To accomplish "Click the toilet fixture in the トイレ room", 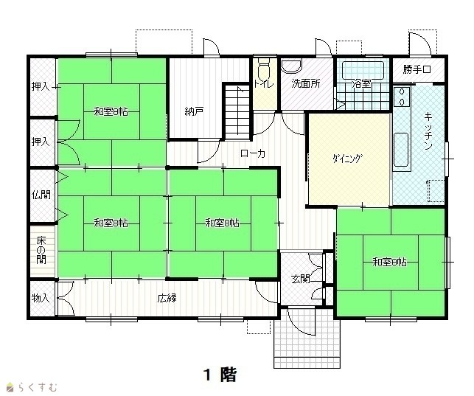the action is click(264, 69).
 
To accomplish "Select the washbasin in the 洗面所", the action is click(291, 66).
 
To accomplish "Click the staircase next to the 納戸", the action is click(238, 112).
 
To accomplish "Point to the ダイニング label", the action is click(346, 159).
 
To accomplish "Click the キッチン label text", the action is click(428, 131).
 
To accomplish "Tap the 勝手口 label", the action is click(417, 69).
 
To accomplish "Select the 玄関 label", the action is click(301, 279).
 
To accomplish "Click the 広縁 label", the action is click(167, 299).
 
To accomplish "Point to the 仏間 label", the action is click(41, 195).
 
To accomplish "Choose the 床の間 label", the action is click(41, 250).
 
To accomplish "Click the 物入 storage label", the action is click(41, 299).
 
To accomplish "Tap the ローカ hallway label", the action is click(253, 153).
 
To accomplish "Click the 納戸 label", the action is click(194, 112).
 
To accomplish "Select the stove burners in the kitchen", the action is click(402, 97).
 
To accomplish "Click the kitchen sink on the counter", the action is click(402, 150).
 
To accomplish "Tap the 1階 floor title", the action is click(220, 375).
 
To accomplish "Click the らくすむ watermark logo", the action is click(32, 386).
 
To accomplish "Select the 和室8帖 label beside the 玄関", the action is click(390, 262).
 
